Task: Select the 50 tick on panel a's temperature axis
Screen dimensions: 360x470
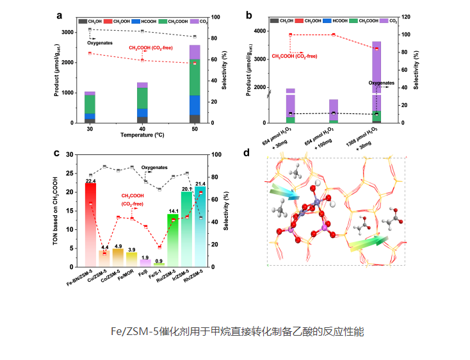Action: point(194,129)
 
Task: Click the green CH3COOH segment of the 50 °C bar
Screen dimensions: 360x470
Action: point(194,77)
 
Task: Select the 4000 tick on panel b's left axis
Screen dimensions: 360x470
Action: point(257,31)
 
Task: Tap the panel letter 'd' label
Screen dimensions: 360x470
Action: point(247,153)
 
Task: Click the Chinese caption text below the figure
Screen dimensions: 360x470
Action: point(238,332)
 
